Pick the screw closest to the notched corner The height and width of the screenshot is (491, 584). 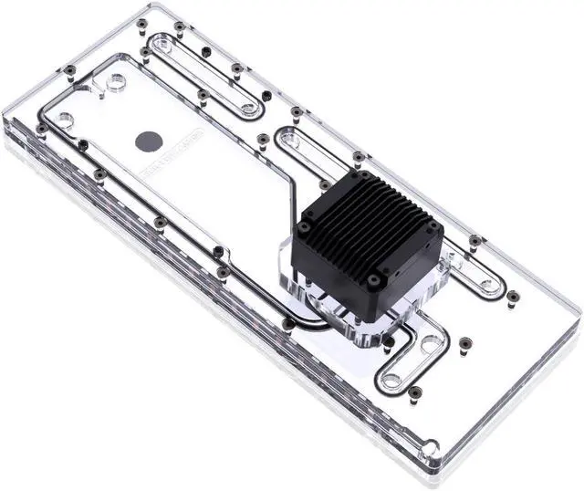(x=416, y=392)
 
